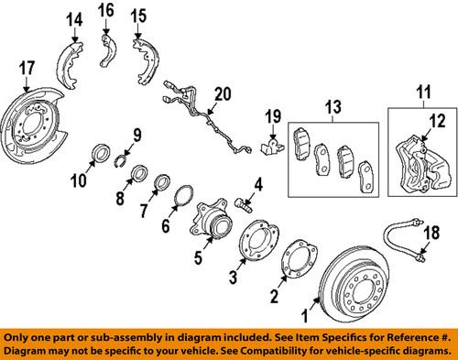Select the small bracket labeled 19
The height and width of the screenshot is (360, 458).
coord(268,144)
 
